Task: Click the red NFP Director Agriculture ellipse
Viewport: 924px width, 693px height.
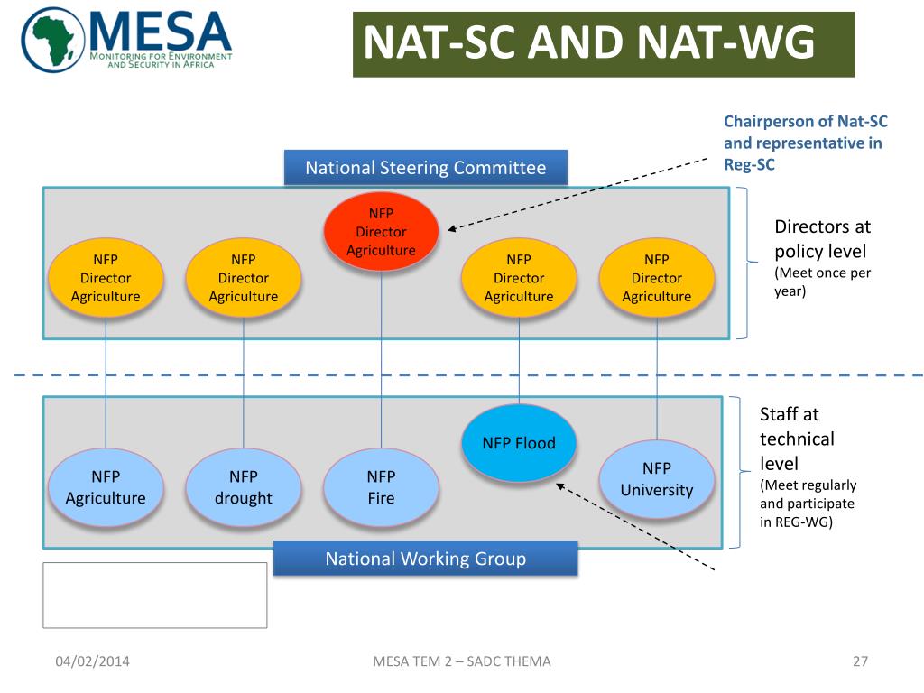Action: [x=381, y=232]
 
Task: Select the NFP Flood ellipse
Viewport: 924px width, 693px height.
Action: [x=518, y=442]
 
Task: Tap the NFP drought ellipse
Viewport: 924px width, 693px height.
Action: [x=243, y=487]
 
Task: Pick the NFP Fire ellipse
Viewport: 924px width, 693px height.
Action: [x=381, y=487]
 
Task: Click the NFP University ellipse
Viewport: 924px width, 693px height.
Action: [x=656, y=479]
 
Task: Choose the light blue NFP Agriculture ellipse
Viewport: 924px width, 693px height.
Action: [x=106, y=487]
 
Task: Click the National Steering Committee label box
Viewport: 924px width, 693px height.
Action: [x=426, y=168]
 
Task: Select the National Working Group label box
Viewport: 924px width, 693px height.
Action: [x=425, y=559]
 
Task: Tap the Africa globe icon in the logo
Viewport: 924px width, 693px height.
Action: [x=54, y=40]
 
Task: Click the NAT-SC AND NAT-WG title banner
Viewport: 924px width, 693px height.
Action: [x=603, y=44]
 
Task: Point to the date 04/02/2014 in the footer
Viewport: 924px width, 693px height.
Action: [x=92, y=661]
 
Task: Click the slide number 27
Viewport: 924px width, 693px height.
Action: [x=860, y=661]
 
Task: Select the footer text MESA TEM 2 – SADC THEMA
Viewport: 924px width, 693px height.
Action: [x=461, y=661]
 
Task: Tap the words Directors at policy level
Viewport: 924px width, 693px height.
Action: [x=822, y=238]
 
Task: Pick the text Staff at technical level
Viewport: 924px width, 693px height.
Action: [x=797, y=439]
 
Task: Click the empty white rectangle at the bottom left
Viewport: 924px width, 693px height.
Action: [x=155, y=595]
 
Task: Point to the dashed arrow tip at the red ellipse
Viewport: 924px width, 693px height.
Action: [x=451, y=229]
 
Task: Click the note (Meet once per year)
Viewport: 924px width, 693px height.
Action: [x=822, y=282]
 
